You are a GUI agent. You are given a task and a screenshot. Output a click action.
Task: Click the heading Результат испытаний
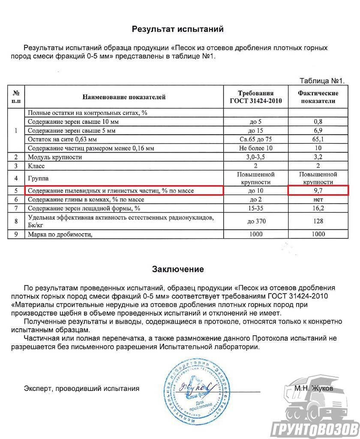[177, 29]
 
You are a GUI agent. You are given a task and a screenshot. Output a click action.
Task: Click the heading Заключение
[178, 269]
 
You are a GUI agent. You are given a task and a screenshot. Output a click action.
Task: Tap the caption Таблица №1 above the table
[322, 81]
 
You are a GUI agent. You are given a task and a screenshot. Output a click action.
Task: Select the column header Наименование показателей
[124, 97]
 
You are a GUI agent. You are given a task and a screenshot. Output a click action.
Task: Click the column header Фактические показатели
[318, 97]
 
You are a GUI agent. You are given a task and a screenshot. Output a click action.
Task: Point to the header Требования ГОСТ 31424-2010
[256, 97]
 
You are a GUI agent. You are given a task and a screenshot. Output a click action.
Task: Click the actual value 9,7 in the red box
[318, 190]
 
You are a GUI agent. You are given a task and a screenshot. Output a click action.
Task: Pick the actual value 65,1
[318, 139]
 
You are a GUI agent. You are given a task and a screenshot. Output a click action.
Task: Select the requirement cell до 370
[256, 221]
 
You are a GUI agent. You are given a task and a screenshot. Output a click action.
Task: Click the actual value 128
[318, 221]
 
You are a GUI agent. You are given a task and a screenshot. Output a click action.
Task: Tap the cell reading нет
[318, 199]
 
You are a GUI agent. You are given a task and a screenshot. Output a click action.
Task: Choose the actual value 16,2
[318, 208]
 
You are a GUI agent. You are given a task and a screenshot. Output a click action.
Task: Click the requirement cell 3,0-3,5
[256, 157]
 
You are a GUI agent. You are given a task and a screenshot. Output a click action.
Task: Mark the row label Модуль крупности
[54, 157]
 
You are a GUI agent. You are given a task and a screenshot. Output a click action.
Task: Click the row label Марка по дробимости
[60, 234]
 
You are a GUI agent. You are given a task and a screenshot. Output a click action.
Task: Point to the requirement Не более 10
[256, 148]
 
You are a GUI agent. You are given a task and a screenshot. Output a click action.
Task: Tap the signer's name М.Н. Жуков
[313, 388]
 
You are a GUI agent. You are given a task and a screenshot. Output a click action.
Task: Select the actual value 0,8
[318, 122]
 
